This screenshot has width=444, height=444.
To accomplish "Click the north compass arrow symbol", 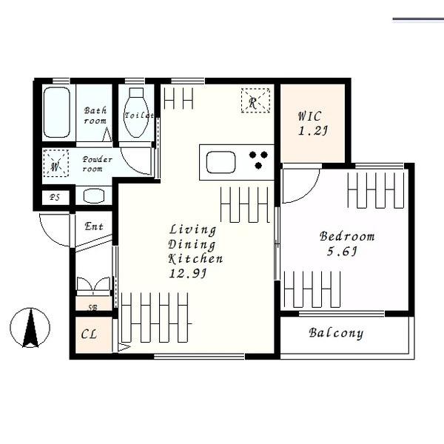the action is [30, 328].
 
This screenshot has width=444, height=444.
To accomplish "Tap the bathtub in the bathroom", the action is [57, 112].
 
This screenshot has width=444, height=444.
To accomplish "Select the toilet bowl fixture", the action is [136, 112].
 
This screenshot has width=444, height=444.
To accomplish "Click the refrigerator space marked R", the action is [255, 101].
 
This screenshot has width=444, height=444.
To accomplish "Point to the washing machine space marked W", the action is [55, 164].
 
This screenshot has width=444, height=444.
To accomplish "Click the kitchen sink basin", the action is [221, 162].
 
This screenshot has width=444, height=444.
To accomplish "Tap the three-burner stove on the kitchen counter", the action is [258, 160].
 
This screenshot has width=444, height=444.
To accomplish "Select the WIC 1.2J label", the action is [312, 124].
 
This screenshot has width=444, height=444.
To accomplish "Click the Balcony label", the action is [336, 333].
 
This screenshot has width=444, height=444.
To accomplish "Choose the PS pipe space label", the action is [55, 197].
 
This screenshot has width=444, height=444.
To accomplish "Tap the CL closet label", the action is [89, 334].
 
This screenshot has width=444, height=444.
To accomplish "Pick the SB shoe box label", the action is [92, 308].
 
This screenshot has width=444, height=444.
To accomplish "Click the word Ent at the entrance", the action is [94, 226].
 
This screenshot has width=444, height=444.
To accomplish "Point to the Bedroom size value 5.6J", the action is [342, 251].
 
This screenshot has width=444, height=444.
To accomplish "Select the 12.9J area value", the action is [188, 273].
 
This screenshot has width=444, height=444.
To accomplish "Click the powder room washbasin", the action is [94, 195].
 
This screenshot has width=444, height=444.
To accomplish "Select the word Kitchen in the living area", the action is [195, 259].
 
